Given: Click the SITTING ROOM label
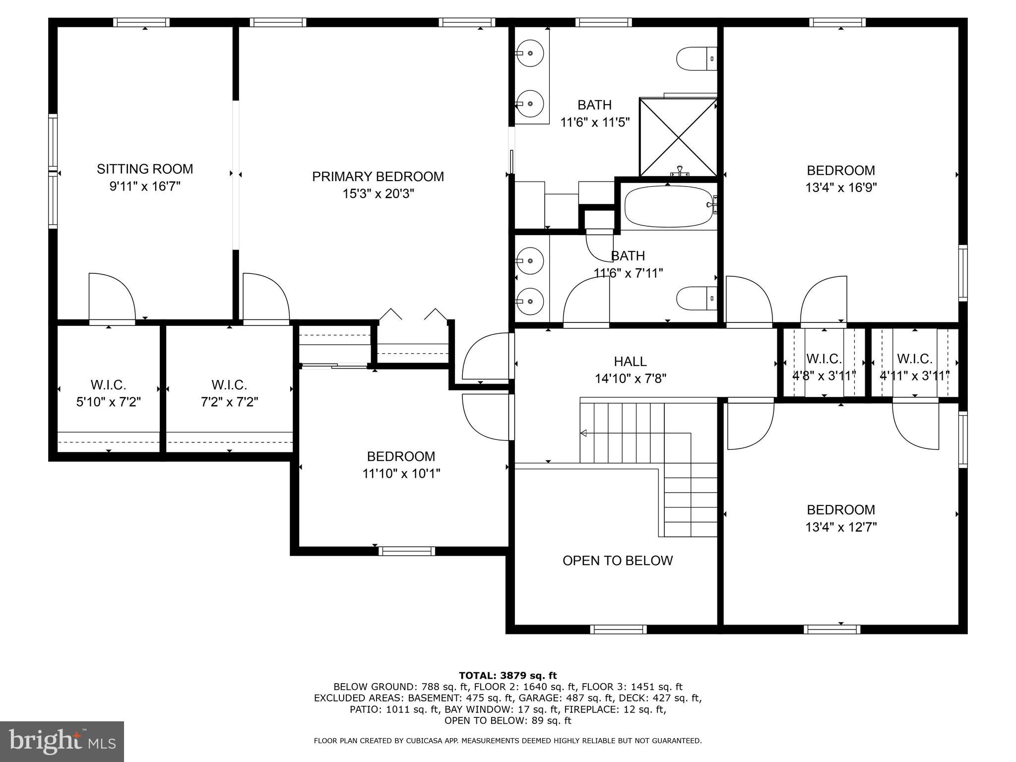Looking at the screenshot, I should point(144,169).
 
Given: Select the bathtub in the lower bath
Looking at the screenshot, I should point(668,206).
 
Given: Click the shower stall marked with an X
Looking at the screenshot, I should point(678,137).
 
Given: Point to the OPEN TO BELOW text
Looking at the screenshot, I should point(617,561).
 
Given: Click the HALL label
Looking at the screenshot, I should point(630,362).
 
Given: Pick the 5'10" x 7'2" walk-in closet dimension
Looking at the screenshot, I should point(108,402).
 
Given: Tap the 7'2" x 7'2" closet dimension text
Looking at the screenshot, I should point(229,402).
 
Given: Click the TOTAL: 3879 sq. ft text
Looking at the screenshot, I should point(508,675).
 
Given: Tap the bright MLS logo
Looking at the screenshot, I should point(62,742).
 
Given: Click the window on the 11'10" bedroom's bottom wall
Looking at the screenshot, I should point(406,551).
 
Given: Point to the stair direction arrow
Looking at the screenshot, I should point(584,434).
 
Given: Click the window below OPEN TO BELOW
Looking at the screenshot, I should point(618,630).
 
